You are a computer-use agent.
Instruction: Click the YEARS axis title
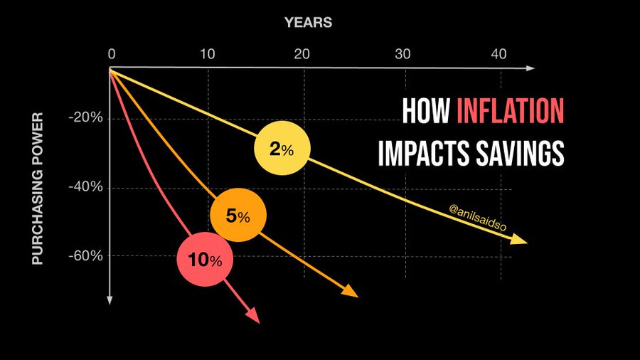point(308,23)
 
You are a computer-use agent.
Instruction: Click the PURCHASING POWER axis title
point(38,189)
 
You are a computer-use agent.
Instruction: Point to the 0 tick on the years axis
point(112,54)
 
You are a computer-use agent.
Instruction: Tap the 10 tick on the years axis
point(208,54)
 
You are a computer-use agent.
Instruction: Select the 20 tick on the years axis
point(302,54)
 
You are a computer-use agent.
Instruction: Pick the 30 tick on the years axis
point(402,54)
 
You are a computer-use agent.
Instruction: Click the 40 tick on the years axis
point(498,54)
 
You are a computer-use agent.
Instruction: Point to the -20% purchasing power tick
point(86,117)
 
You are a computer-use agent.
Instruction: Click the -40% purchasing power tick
point(86,187)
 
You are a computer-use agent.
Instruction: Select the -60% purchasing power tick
point(86,256)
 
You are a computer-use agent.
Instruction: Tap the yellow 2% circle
point(282,148)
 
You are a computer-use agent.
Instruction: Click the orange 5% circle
point(238,215)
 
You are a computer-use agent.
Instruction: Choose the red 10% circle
point(205,259)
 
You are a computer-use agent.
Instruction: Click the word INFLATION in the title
point(510,110)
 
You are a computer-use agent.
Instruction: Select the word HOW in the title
point(426,110)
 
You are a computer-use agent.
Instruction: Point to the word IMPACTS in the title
point(423,153)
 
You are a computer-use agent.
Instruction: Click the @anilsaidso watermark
point(478,218)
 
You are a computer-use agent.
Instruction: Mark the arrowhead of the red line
point(253,316)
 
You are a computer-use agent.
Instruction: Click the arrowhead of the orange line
point(350,291)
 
